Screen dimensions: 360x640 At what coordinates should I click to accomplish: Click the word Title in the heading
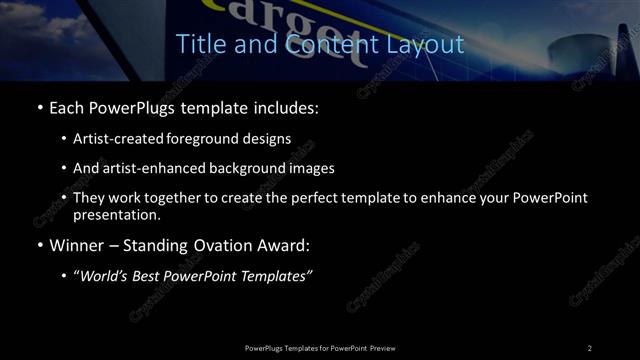198,45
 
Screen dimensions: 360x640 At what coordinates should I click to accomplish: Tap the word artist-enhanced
146,169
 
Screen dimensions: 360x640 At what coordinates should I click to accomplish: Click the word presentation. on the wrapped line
117,214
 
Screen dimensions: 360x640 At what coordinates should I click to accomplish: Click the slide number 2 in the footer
590,348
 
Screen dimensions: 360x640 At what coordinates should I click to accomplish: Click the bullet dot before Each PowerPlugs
39,107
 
